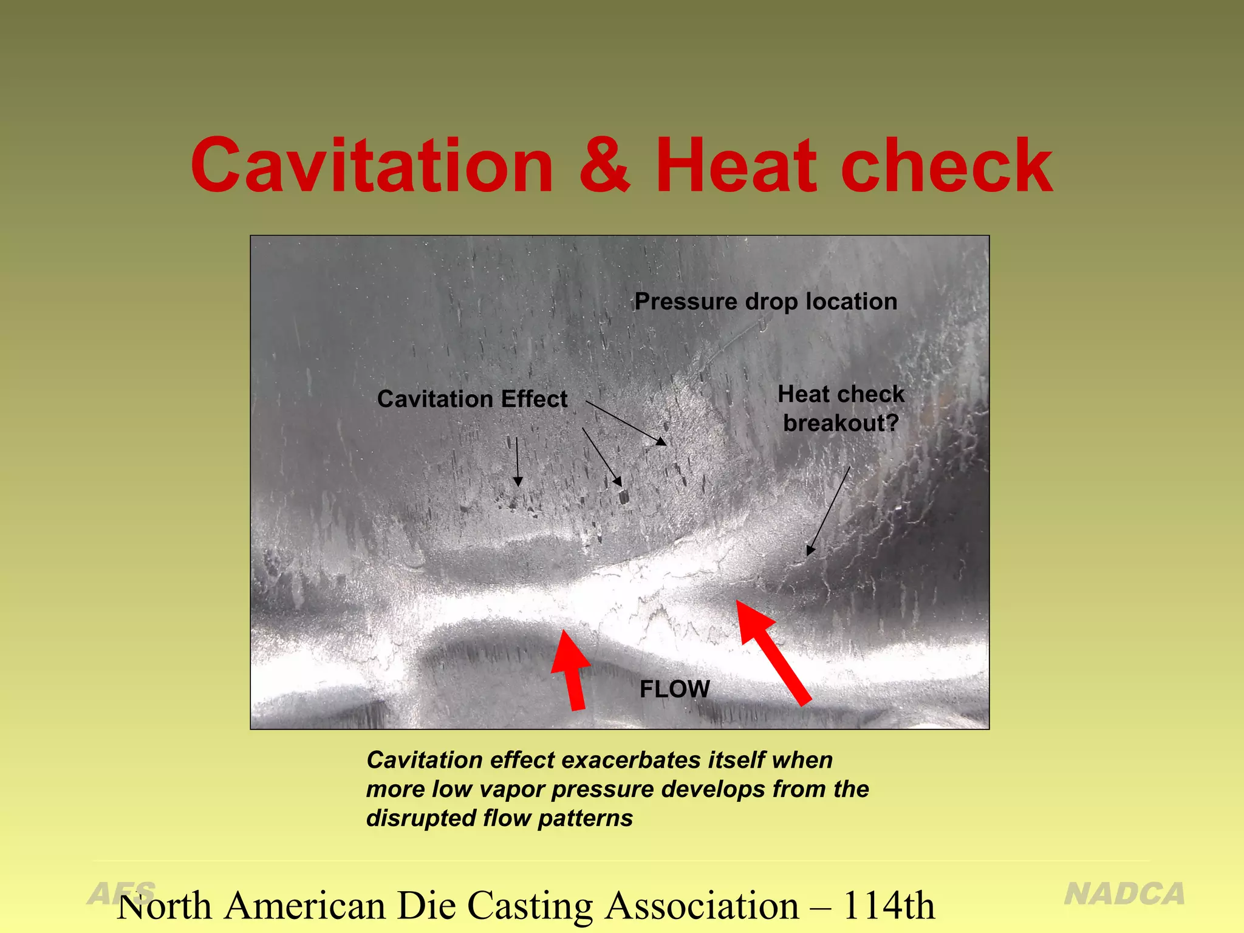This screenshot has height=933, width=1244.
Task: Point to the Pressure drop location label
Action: click(x=765, y=301)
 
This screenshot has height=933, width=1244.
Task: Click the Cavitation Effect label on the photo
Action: click(x=472, y=399)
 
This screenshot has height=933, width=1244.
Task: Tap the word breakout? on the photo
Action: click(x=841, y=423)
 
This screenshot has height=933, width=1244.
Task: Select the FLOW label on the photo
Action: click(x=674, y=689)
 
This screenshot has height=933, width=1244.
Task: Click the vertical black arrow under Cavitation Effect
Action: click(x=518, y=461)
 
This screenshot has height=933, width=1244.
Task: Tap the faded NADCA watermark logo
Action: click(x=1124, y=894)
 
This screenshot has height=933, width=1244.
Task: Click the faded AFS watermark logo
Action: click(x=121, y=893)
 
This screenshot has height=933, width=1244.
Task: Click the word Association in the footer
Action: click(x=702, y=906)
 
